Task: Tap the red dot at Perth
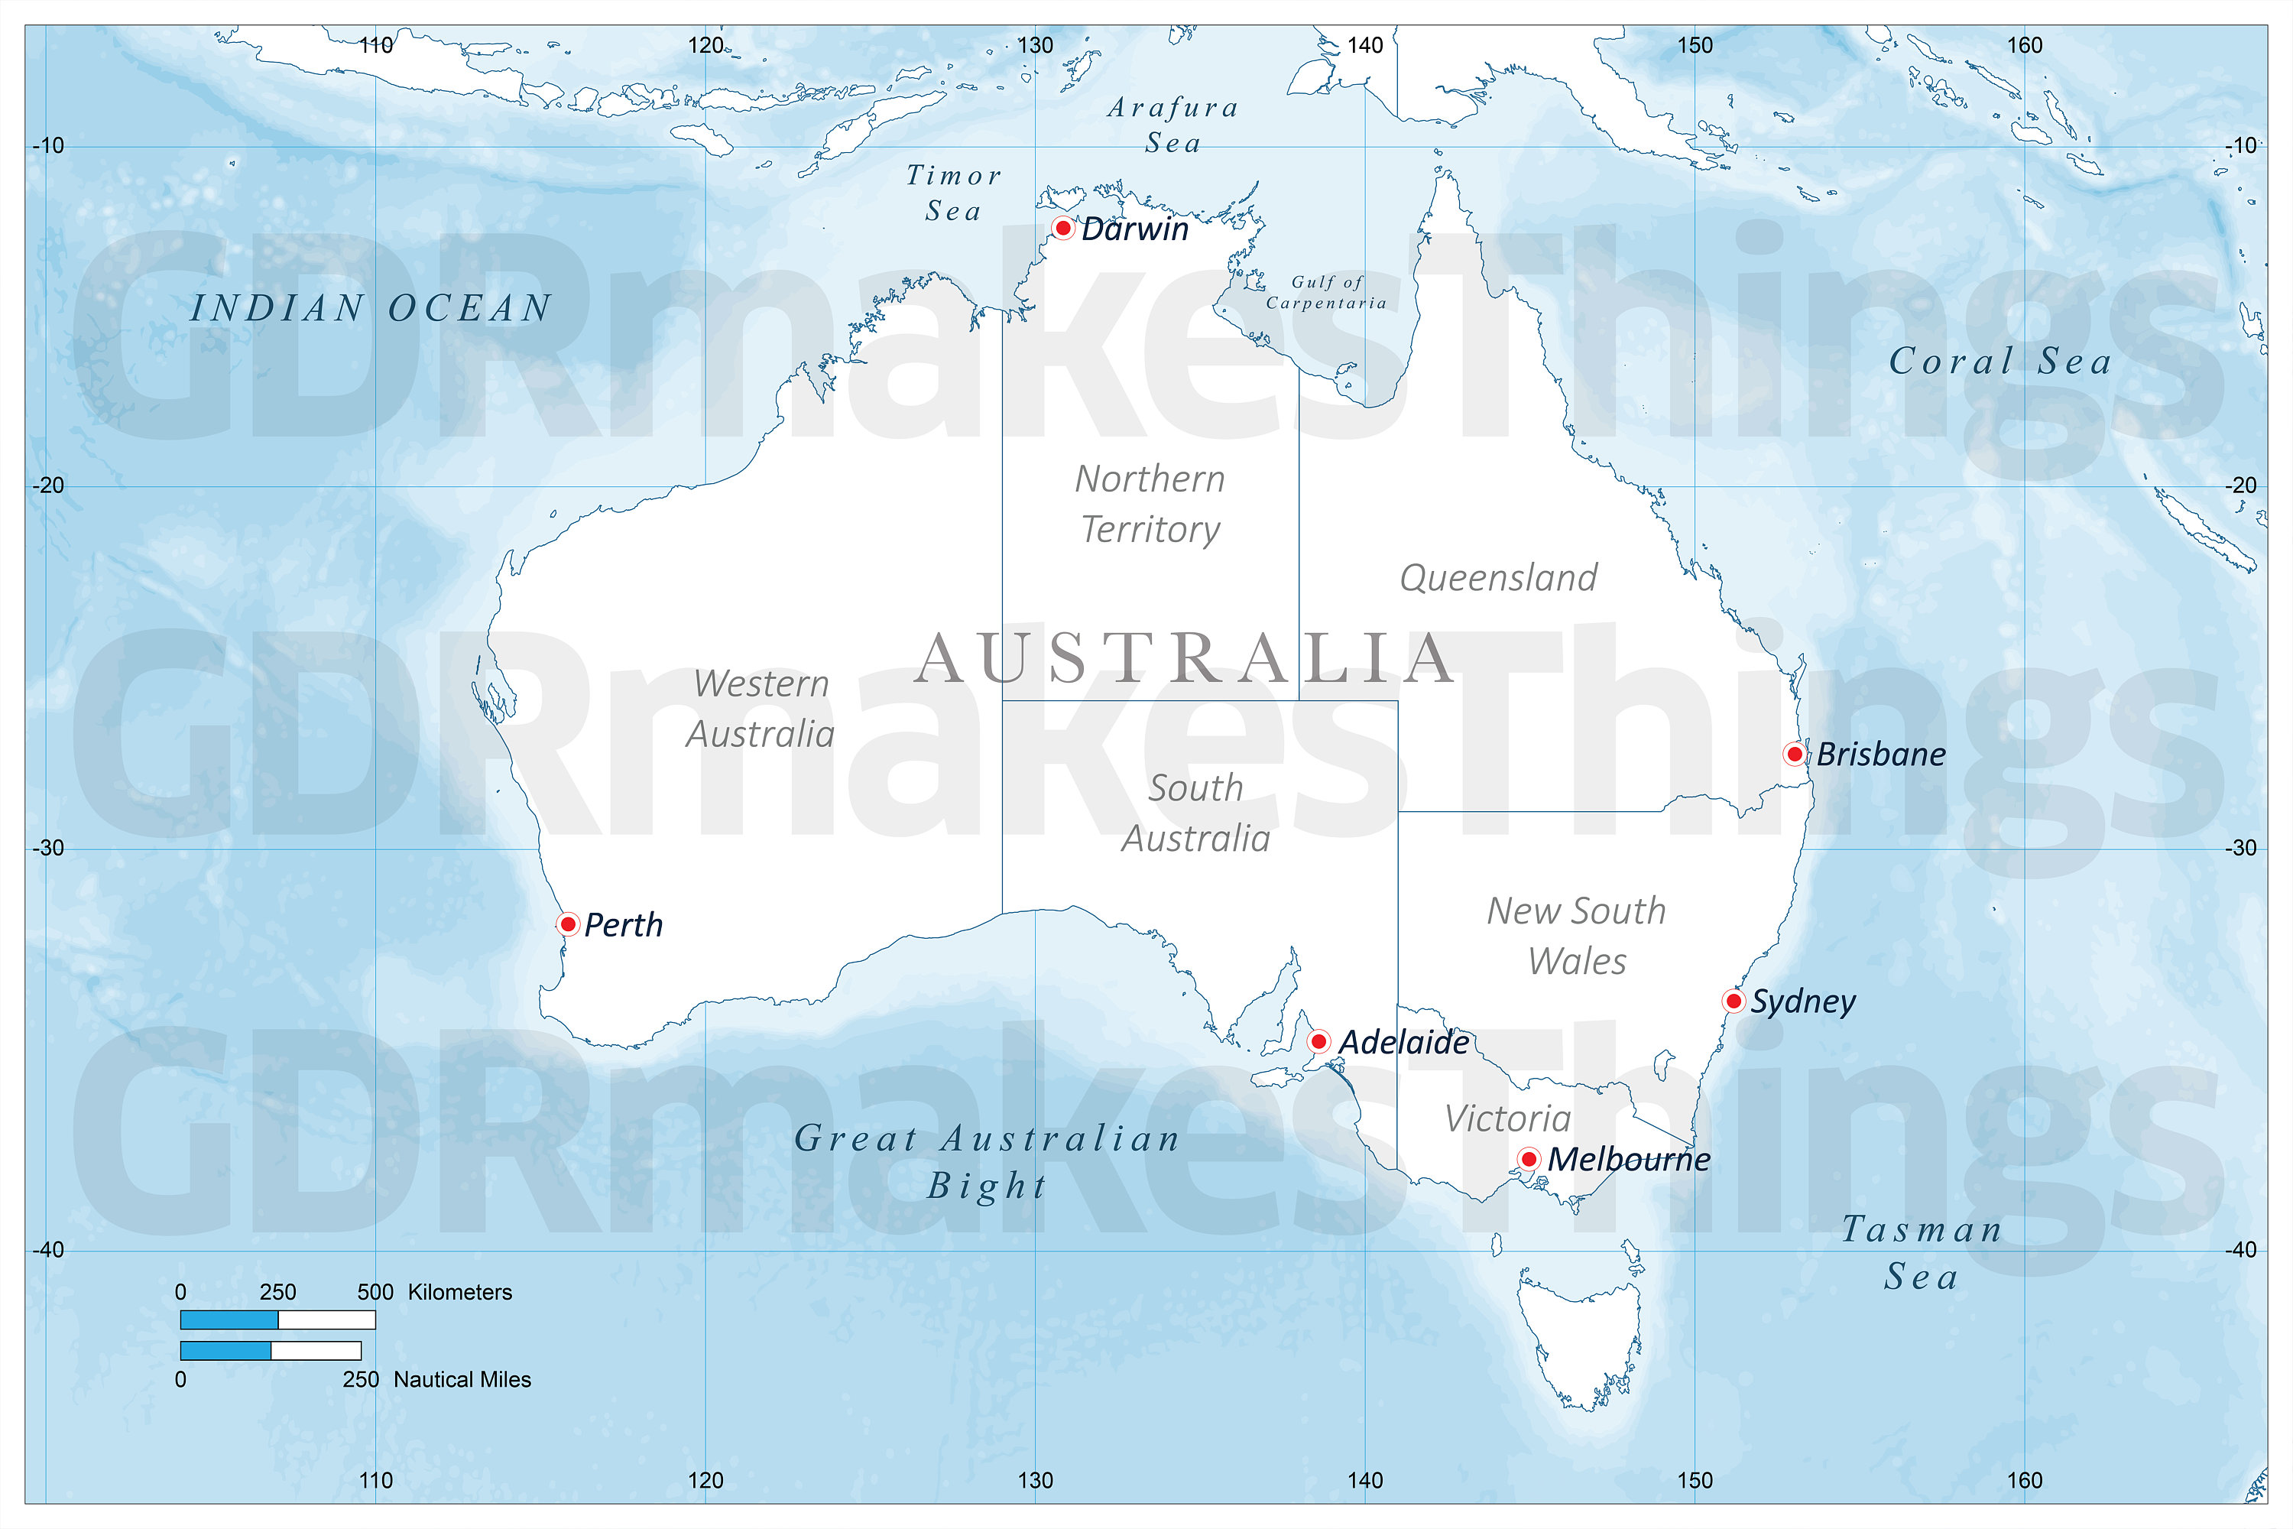pos(567,924)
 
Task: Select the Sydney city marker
pos(1733,1001)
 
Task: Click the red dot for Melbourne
pos(1528,1160)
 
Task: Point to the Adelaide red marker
pos(1318,1041)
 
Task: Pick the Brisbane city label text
pos(1880,754)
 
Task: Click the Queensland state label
pos(1498,577)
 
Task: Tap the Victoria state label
pos(1507,1118)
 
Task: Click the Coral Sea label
pos(2000,362)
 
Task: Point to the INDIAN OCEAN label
pos(371,308)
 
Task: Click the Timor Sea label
pos(953,193)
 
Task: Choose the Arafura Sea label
pos(1172,125)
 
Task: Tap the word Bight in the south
pos(987,1186)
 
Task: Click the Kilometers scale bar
pos(278,1320)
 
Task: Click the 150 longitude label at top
pos(1695,45)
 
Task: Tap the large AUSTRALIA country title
pos(1185,658)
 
